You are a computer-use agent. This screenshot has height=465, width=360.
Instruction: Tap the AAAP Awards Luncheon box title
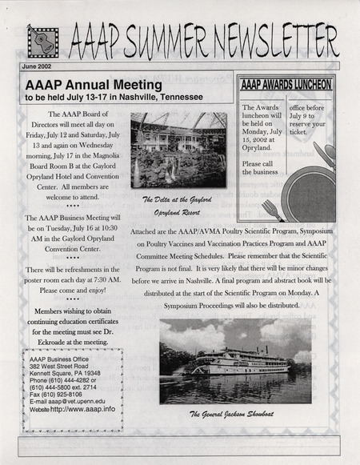[286, 83]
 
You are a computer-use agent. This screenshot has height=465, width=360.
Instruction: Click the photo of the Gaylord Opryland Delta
[178, 150]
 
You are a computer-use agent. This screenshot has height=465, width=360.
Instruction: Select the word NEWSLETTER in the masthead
[272, 41]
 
